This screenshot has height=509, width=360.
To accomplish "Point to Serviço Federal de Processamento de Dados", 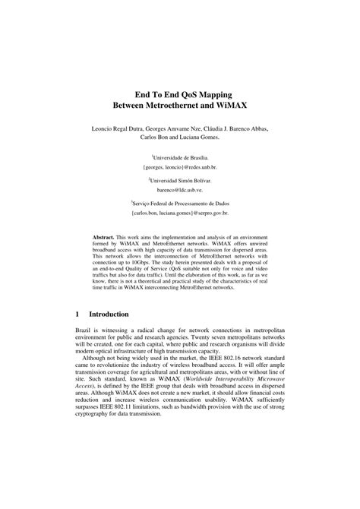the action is coord(181,204).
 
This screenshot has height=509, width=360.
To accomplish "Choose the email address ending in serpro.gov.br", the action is coord(180,215).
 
